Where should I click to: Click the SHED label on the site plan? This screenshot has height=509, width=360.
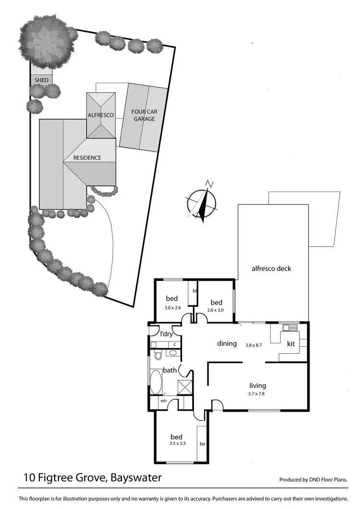point(41,80)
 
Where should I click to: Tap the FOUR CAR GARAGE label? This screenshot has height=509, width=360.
point(144,115)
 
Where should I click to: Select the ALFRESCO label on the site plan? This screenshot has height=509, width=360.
point(100,115)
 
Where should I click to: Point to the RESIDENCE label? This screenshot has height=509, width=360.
point(87,158)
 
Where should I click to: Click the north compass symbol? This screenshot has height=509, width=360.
point(202,202)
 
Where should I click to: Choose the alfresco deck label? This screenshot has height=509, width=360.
point(272,268)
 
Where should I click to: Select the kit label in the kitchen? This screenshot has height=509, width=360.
point(290,344)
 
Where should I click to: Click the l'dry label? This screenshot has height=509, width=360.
point(167,334)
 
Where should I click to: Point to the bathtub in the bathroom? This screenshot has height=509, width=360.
point(156,382)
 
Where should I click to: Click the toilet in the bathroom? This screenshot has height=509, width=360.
point(157,355)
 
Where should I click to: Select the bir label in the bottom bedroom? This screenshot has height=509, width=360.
point(202,444)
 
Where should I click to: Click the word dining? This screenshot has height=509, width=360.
point(227,343)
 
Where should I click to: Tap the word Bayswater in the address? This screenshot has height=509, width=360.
point(136,478)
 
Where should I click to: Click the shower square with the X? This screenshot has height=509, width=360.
point(184,387)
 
